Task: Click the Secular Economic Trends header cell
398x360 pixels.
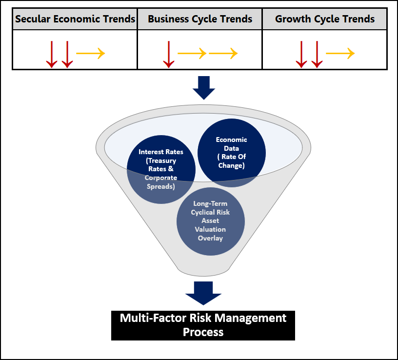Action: pyautogui.click(x=75, y=19)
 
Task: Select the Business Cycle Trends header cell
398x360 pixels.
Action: pyautogui.click(x=200, y=19)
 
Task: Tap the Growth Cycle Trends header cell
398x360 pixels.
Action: pyautogui.click(x=325, y=19)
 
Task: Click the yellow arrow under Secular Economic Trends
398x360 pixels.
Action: pyautogui.click(x=91, y=53)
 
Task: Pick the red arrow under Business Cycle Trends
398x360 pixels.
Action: pyautogui.click(x=169, y=54)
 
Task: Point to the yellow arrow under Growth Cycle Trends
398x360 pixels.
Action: pyautogui.click(x=340, y=53)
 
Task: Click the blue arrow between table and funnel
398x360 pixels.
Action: pyautogui.click(x=204, y=88)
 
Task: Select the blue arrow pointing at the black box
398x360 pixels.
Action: pyautogui.click(x=203, y=293)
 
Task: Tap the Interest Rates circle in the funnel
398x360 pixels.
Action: pyautogui.click(x=161, y=169)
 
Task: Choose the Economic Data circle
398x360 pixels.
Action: pyautogui.click(x=232, y=153)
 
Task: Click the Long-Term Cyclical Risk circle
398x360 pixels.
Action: pyautogui.click(x=211, y=221)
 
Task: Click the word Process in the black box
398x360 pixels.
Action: pyautogui.click(x=203, y=332)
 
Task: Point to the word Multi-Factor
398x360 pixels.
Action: pyautogui.click(x=153, y=318)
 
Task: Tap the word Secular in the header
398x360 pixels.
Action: pyautogui.click(x=33, y=19)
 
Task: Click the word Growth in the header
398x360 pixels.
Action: pyautogui.click(x=293, y=19)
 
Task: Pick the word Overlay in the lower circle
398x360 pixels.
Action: pyautogui.click(x=210, y=238)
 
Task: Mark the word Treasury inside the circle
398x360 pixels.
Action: pyautogui.click(x=161, y=160)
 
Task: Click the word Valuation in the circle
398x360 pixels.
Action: pyautogui.click(x=210, y=229)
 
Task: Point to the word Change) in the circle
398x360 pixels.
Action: pyautogui.click(x=232, y=165)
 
